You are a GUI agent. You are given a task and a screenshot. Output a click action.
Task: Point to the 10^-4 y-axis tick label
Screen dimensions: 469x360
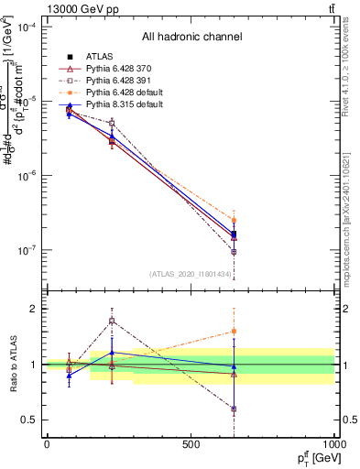[27, 27]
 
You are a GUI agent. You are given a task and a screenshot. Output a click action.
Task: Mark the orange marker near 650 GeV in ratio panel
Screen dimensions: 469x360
[235, 331]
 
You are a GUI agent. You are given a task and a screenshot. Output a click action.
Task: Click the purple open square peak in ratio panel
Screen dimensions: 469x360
[112, 321]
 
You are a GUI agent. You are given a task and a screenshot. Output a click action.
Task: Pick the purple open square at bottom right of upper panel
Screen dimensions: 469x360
[235, 252]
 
